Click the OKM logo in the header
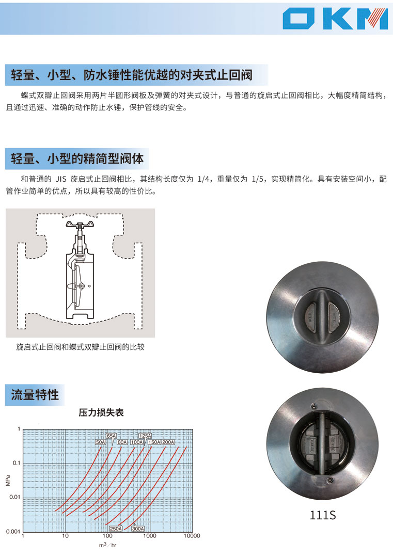335,19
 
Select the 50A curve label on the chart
100,442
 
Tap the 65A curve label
111,436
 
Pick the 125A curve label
145,436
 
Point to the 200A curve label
168,442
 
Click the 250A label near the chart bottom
116,529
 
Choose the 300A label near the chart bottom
138,529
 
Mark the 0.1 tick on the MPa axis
17,463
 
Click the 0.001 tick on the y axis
13,532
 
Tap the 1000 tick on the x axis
150,536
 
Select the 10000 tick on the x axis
192,536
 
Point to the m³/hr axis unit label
107,545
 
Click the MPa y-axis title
8,480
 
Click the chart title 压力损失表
101,412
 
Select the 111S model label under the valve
323,515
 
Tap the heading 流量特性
35,395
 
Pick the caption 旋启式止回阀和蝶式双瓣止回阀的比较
80,347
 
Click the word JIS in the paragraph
61,179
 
